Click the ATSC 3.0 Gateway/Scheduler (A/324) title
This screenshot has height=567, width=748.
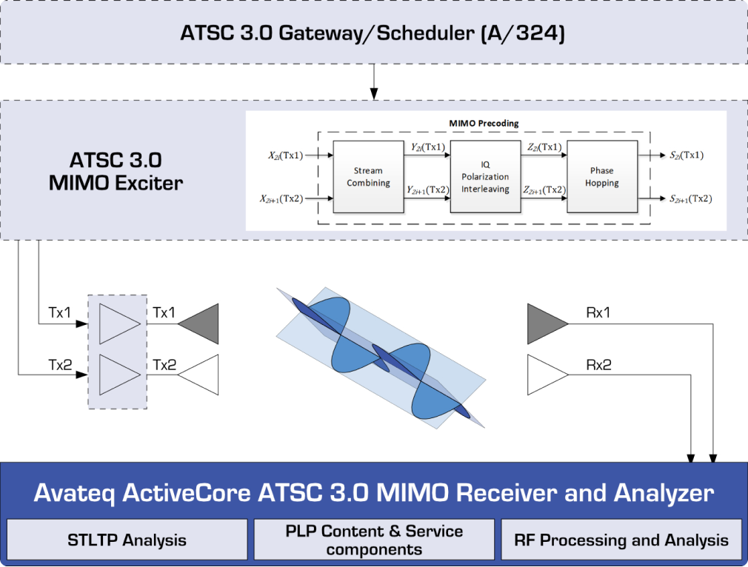click(373, 33)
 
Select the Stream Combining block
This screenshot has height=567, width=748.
click(368, 176)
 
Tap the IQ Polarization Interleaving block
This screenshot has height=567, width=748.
click(485, 176)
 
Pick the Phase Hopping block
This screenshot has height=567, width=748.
click(601, 176)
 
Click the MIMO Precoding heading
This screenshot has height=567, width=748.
click(484, 123)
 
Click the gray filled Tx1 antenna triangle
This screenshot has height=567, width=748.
click(200, 323)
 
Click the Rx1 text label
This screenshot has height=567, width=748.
click(598, 313)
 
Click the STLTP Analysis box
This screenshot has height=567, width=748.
click(127, 540)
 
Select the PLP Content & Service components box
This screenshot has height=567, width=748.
click(374, 540)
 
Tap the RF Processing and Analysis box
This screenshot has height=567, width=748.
click(621, 540)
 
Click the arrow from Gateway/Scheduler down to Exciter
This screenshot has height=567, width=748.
click(374, 81)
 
